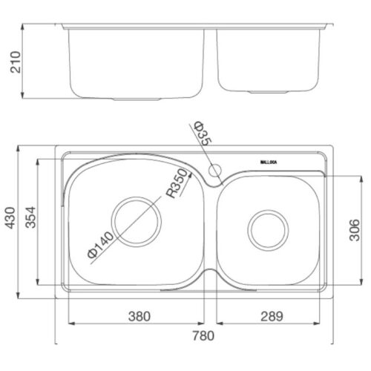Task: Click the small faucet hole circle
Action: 216,169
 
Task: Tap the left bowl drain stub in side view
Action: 137,98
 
